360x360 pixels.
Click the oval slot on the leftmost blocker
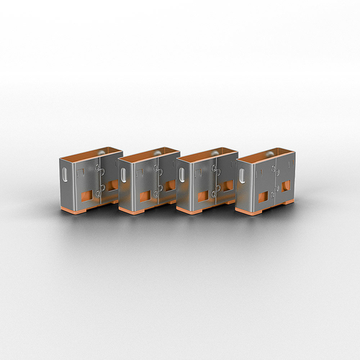pos(66,175)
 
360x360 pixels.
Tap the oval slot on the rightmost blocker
pos(243,176)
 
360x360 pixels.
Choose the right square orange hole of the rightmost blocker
pos(287,186)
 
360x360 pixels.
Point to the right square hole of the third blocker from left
pos(228,186)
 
